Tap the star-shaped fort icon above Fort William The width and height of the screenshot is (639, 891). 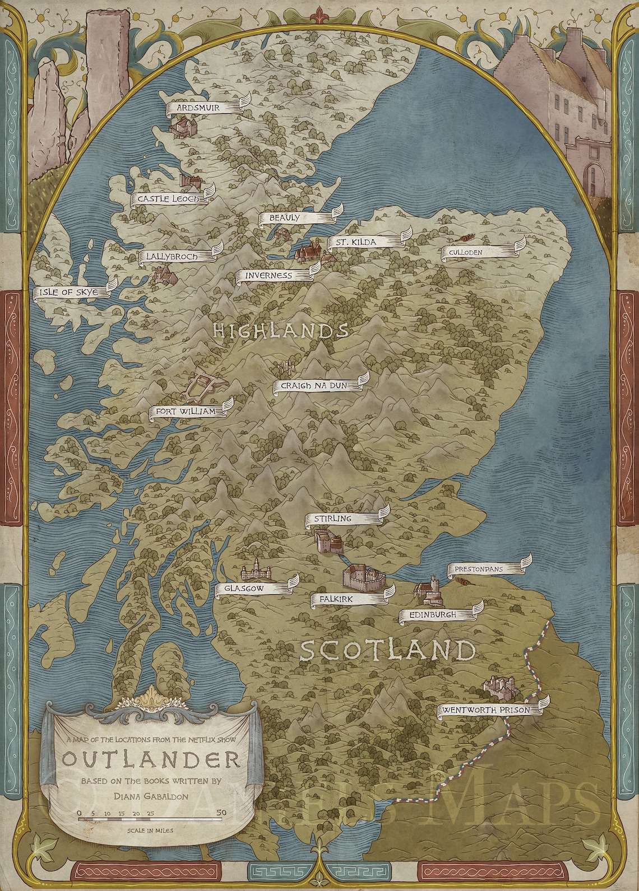(202, 387)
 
